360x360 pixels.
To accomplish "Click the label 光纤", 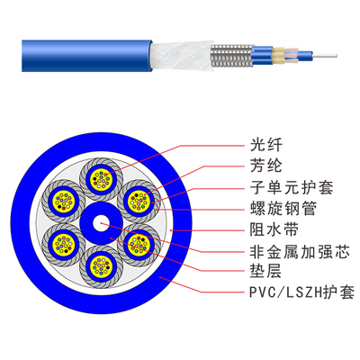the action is pos(266,145).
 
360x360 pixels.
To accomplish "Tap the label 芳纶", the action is pos(266,166).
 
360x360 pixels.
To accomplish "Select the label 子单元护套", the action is pos(292,187).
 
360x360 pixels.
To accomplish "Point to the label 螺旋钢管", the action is pos(283,208).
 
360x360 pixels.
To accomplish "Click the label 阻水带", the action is pos(274,229).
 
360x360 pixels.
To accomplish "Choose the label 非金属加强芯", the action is pos(300,251).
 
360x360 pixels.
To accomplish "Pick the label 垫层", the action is pos(266,271).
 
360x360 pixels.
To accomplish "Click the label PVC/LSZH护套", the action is pos(302,292).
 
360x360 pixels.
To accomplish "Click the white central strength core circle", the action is pos(102,223).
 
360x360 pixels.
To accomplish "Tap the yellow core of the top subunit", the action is pos(102,179).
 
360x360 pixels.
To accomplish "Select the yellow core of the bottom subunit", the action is pos(102,267).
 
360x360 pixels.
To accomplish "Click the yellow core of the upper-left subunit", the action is pos(63,202).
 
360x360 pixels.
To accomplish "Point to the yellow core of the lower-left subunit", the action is pos(63,245).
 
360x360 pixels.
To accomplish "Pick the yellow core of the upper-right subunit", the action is pos(139,202).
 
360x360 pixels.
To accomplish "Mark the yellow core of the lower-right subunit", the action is pos(139,245).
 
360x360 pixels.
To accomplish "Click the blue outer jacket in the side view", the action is pos(86,56).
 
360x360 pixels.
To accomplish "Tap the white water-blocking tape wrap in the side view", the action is pos(182,56).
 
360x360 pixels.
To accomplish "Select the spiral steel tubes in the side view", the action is pos(232,56).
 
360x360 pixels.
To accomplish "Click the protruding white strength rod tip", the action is pos(325,56).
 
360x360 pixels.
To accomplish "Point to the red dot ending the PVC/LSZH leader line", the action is pos(160,277).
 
